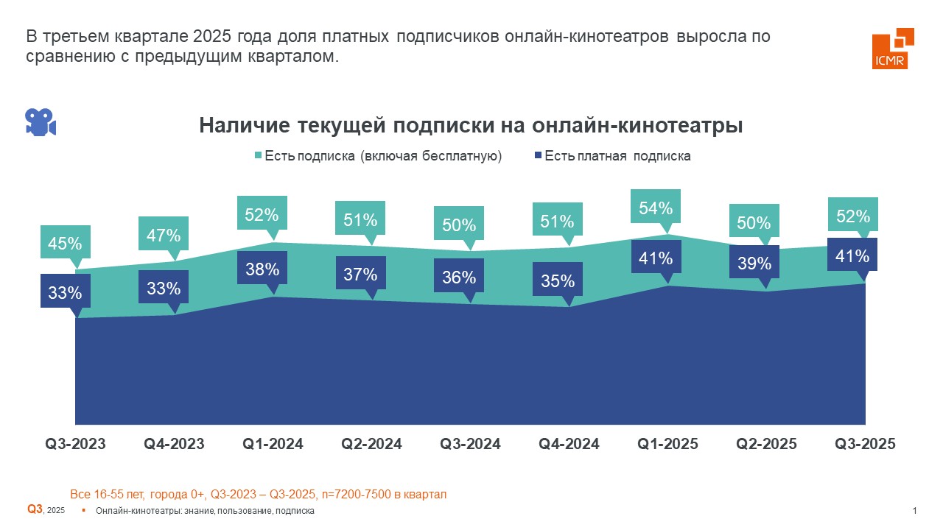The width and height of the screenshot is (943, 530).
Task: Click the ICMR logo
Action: (892, 49)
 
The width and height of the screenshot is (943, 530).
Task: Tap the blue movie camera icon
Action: (41, 122)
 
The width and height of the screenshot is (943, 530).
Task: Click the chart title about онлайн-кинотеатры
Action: (471, 125)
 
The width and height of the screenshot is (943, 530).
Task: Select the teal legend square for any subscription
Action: (258, 156)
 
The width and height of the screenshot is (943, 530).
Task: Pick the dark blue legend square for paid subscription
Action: (538, 156)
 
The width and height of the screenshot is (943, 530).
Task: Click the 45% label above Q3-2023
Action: (65, 242)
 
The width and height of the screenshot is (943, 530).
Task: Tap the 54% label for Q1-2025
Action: (656, 208)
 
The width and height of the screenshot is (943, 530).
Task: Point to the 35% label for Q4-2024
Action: (557, 280)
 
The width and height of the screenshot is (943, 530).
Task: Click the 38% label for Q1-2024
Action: (262, 269)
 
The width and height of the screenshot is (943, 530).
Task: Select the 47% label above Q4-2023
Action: (164, 235)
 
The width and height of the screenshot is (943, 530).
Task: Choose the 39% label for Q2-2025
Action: (754, 263)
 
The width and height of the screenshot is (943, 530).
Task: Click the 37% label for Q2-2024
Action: (360, 275)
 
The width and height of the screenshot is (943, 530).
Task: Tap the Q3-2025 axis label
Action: (865, 444)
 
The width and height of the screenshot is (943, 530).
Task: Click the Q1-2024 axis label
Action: (273, 444)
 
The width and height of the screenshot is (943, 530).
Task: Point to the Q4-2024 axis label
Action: (569, 444)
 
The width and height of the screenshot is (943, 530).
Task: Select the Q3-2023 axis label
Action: (76, 444)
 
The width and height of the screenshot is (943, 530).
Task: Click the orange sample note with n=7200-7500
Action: (258, 494)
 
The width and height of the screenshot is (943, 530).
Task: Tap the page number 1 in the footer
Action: (914, 511)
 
